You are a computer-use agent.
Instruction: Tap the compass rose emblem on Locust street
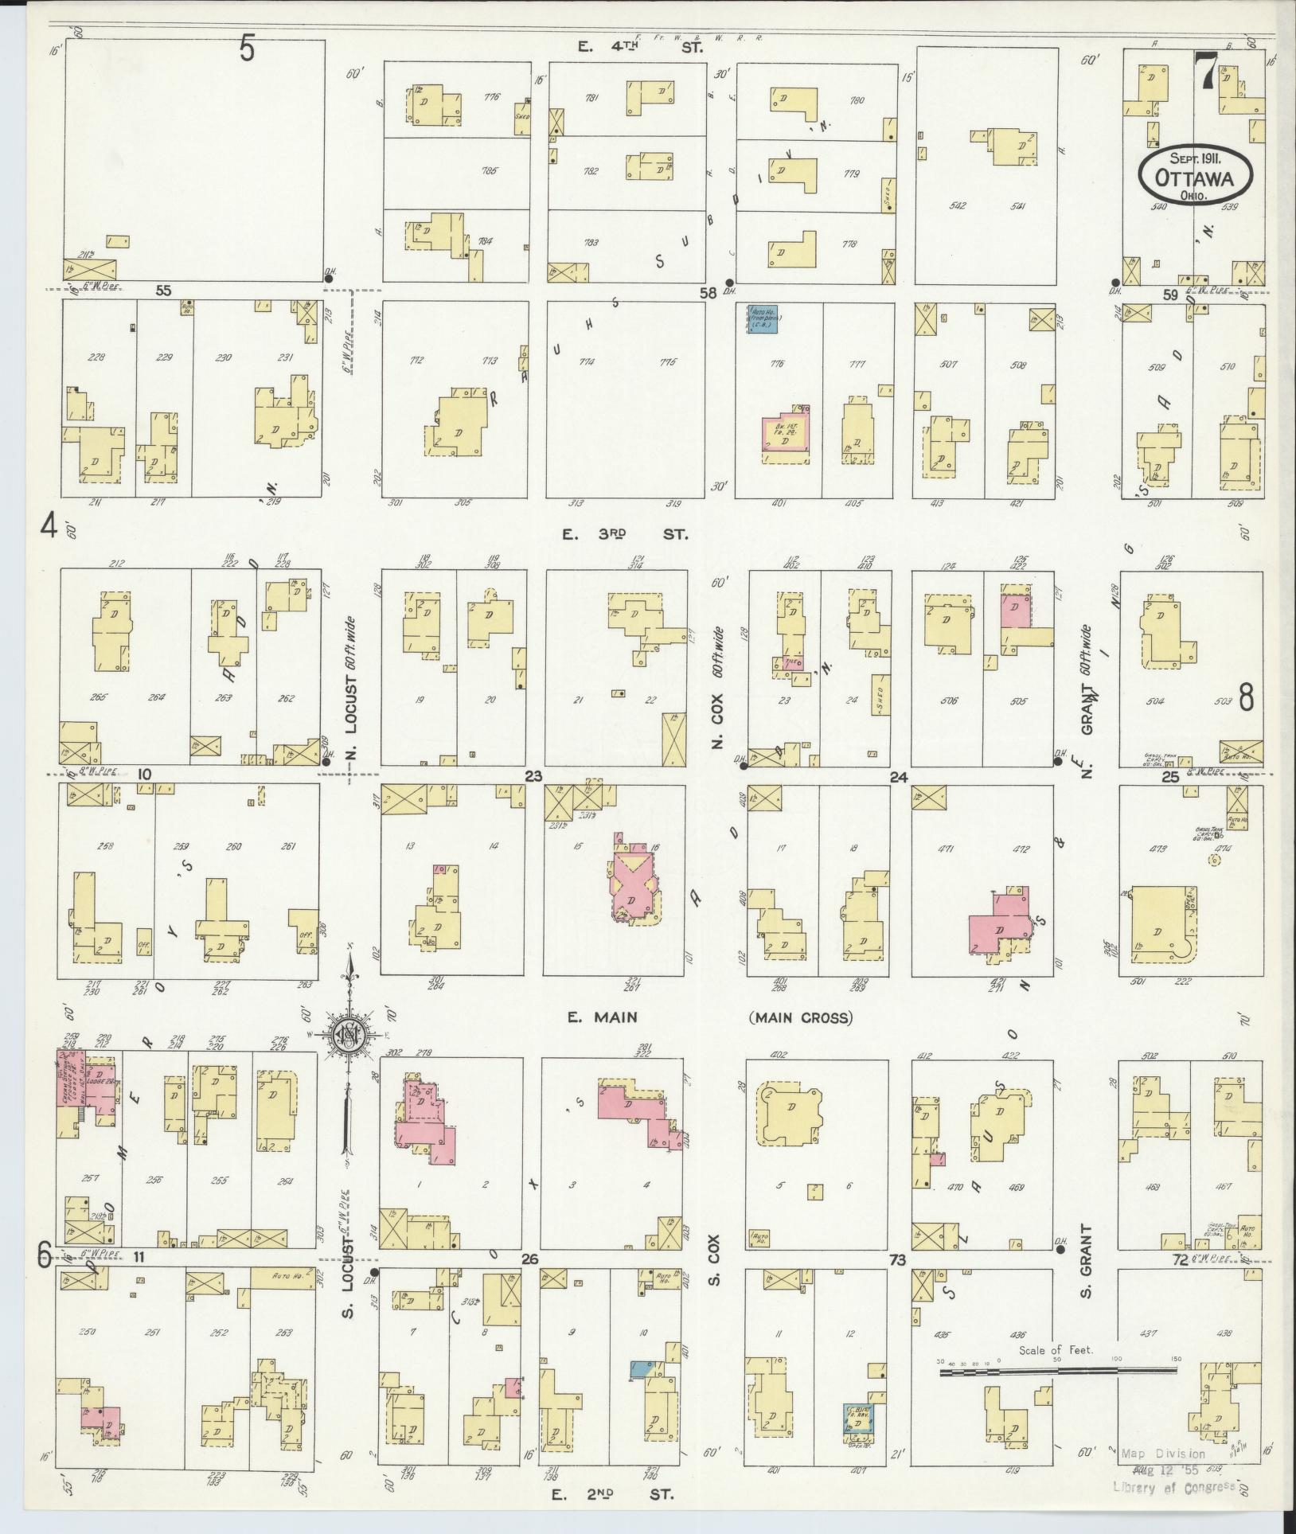coord(348,1033)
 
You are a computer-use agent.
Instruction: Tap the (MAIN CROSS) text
coord(799,1018)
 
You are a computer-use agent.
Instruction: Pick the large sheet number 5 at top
coord(248,49)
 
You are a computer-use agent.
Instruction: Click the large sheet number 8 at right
coord(1246,696)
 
